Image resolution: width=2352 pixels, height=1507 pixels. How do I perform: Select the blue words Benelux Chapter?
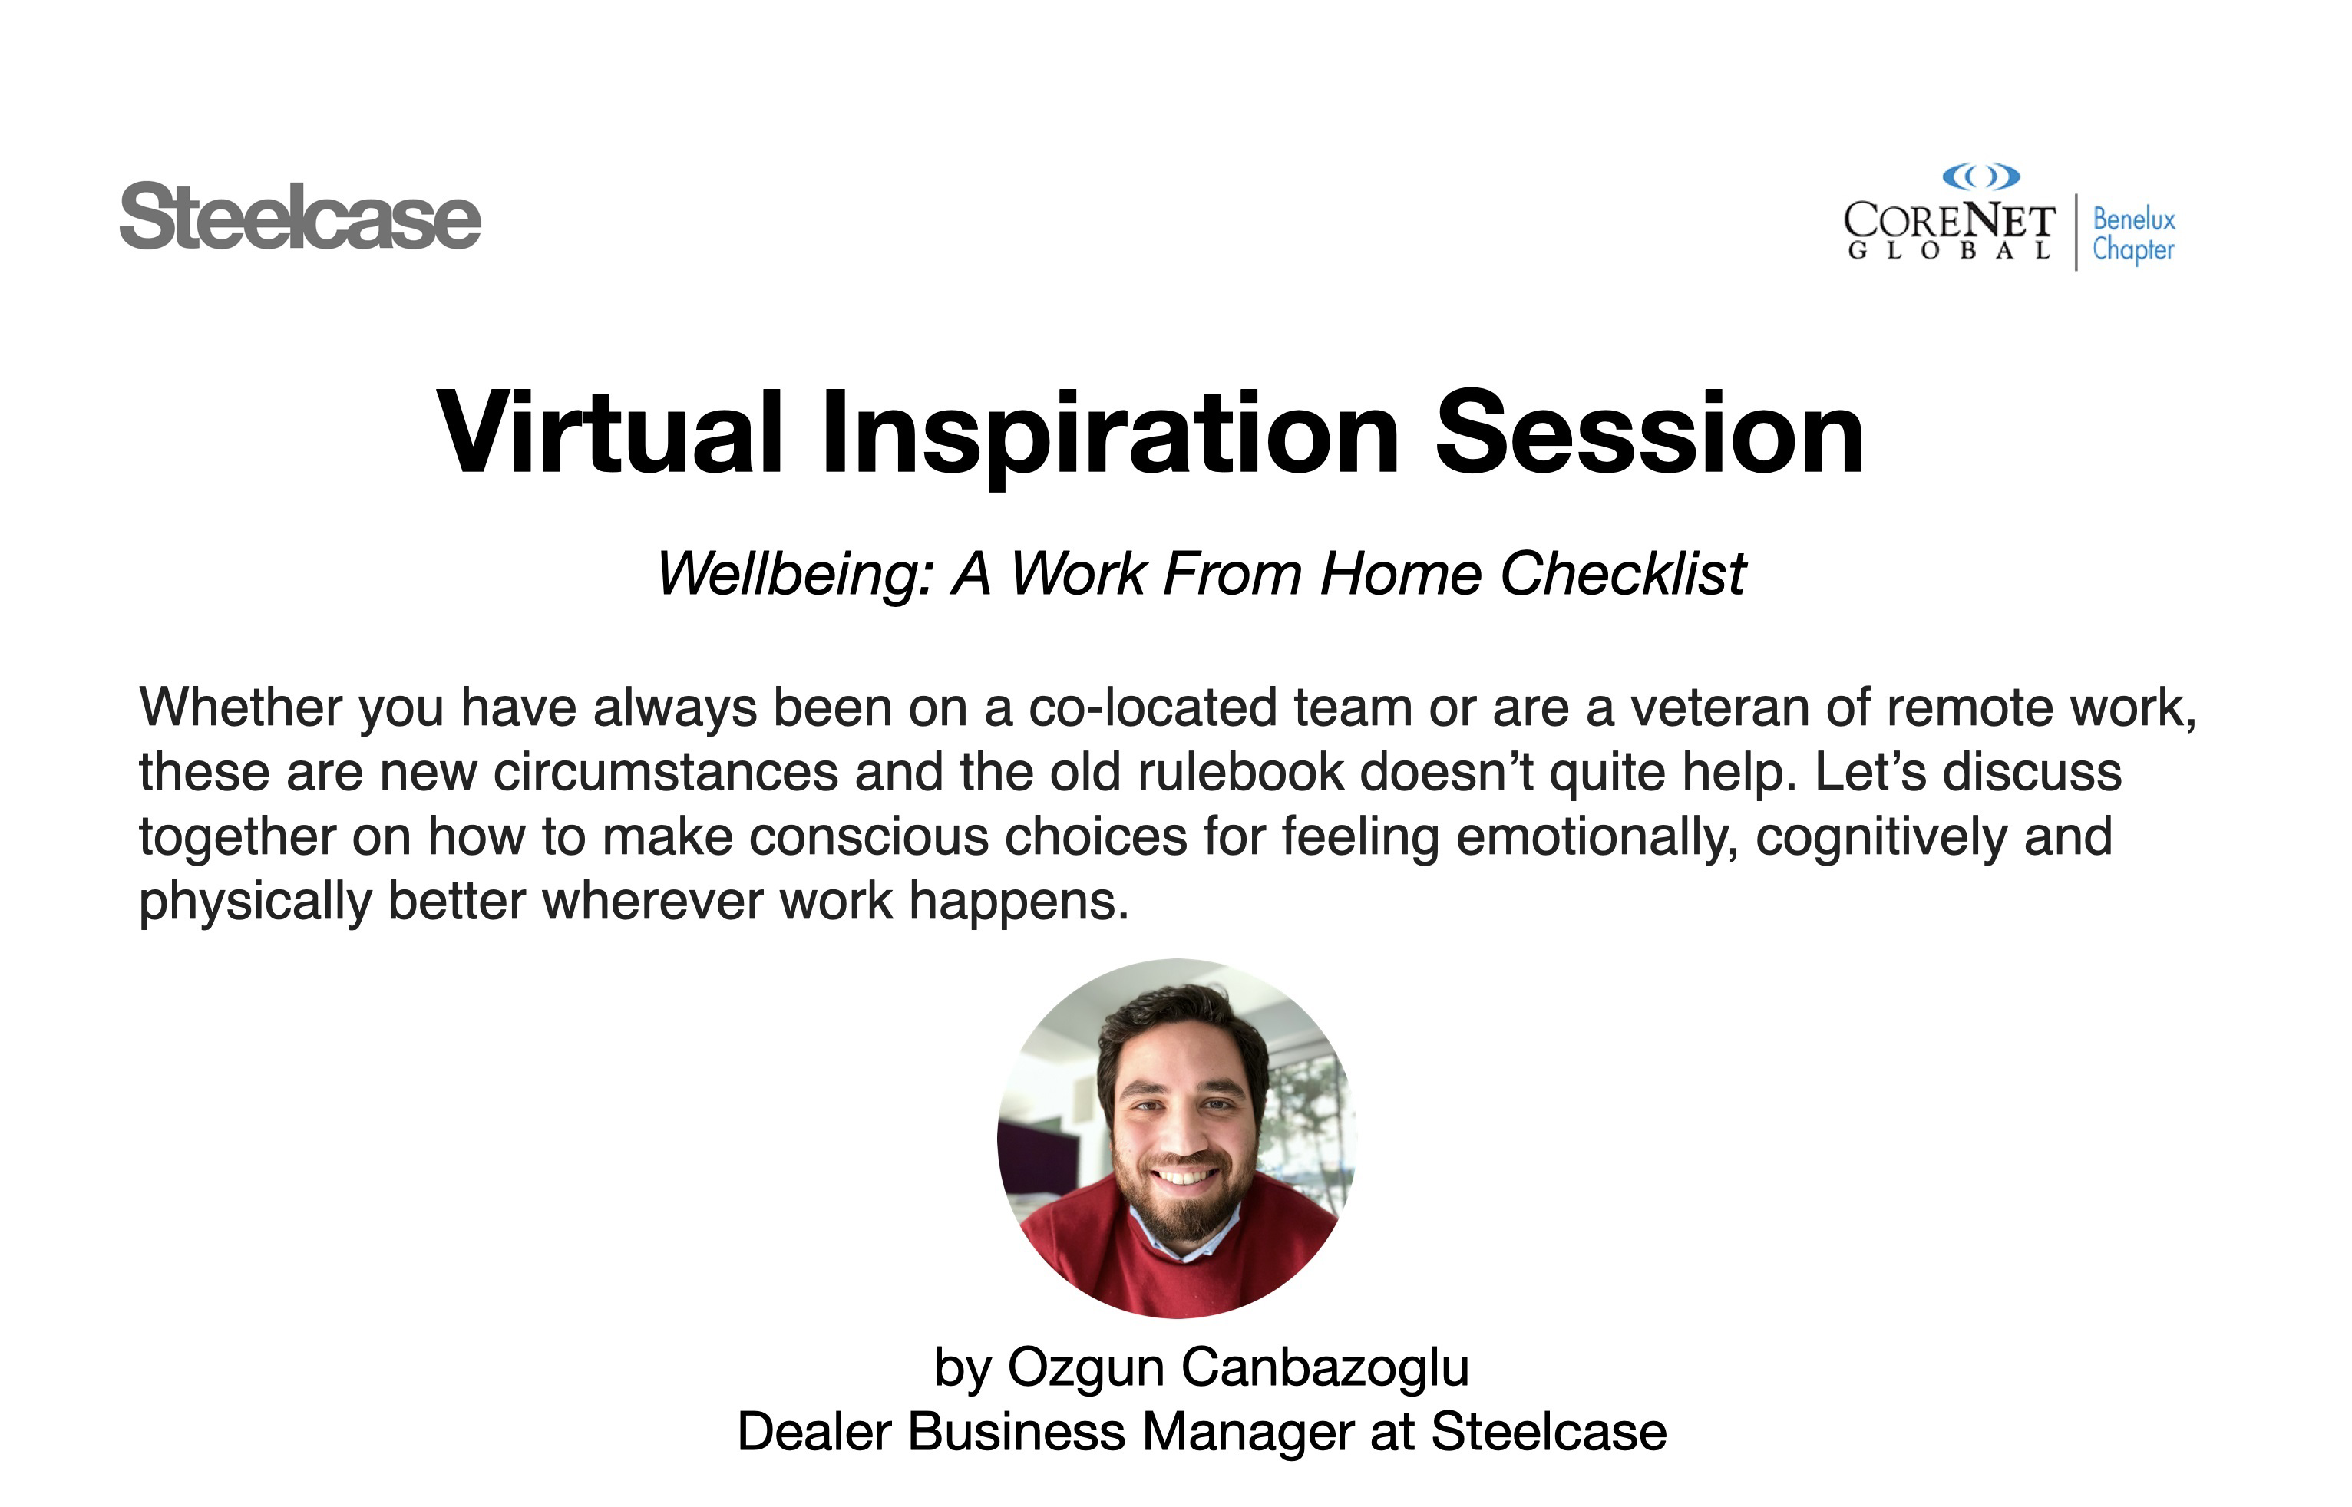(2134, 235)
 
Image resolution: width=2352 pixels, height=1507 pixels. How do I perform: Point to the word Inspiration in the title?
(1111, 437)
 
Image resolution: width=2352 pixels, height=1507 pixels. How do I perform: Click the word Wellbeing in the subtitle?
(794, 575)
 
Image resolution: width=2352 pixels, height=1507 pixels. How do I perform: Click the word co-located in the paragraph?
(1152, 707)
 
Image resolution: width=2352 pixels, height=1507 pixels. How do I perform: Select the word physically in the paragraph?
(256, 902)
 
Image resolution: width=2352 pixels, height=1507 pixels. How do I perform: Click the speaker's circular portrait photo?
(1177, 1138)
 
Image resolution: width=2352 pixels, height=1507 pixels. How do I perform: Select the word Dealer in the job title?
(814, 1433)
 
